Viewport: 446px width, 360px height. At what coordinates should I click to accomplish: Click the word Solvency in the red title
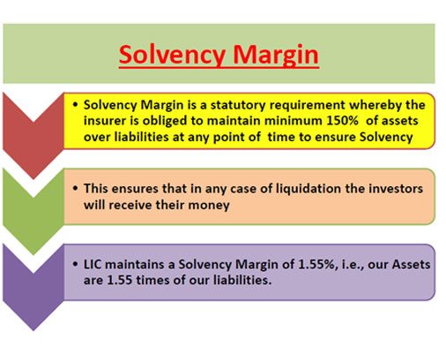pos(173,55)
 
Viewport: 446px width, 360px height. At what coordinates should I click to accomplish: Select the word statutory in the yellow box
pos(238,105)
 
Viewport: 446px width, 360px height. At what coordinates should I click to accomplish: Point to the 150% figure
pos(342,121)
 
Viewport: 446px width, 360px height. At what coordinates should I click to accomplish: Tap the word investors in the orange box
pos(396,189)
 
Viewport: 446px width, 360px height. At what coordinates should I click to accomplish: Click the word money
pos(209,205)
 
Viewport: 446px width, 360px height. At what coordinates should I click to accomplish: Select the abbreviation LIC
pos(93,265)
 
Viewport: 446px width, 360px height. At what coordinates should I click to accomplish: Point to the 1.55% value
pos(316,265)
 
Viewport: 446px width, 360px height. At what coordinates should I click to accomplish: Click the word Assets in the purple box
pos(411,265)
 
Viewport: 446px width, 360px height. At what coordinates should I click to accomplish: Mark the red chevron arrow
pos(33,135)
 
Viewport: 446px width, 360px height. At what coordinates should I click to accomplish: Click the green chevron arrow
pos(33,211)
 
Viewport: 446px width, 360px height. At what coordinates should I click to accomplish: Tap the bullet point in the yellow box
pos(76,105)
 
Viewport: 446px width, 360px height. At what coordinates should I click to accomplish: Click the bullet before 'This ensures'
pos(76,188)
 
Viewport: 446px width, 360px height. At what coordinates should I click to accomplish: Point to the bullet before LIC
pos(76,264)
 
